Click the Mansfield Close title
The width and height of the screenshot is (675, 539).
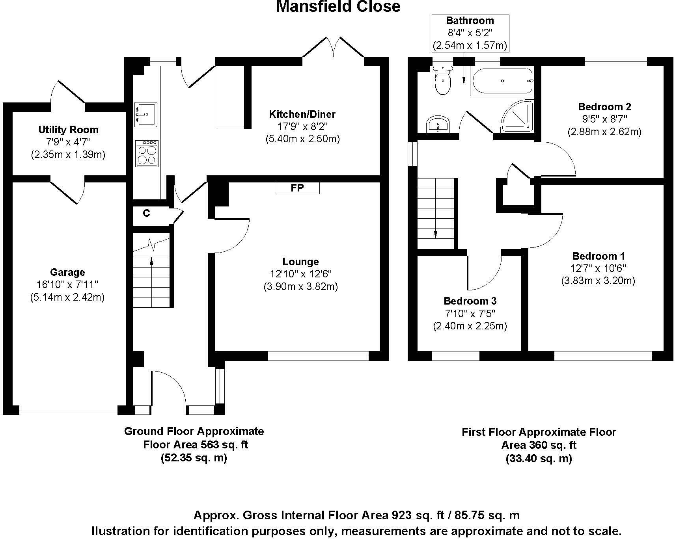[x=338, y=7]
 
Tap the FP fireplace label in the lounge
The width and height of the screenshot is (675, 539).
[x=297, y=188]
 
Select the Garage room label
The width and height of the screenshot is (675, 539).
[x=67, y=272]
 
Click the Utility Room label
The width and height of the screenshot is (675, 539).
[x=68, y=130]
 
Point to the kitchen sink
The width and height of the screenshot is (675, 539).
[x=145, y=114]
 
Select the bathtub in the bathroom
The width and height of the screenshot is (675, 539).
[x=502, y=82]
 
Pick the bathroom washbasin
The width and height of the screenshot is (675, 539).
[x=437, y=125]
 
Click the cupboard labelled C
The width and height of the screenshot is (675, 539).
[x=146, y=214]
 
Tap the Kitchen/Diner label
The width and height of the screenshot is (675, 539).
[x=302, y=114]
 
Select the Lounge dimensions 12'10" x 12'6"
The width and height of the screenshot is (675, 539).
[x=300, y=274]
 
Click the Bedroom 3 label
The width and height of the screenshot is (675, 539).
[x=470, y=301]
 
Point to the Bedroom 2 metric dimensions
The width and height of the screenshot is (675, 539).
[x=604, y=132]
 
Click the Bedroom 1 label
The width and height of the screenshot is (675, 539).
[x=598, y=256]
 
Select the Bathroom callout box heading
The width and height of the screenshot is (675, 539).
[x=470, y=20]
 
